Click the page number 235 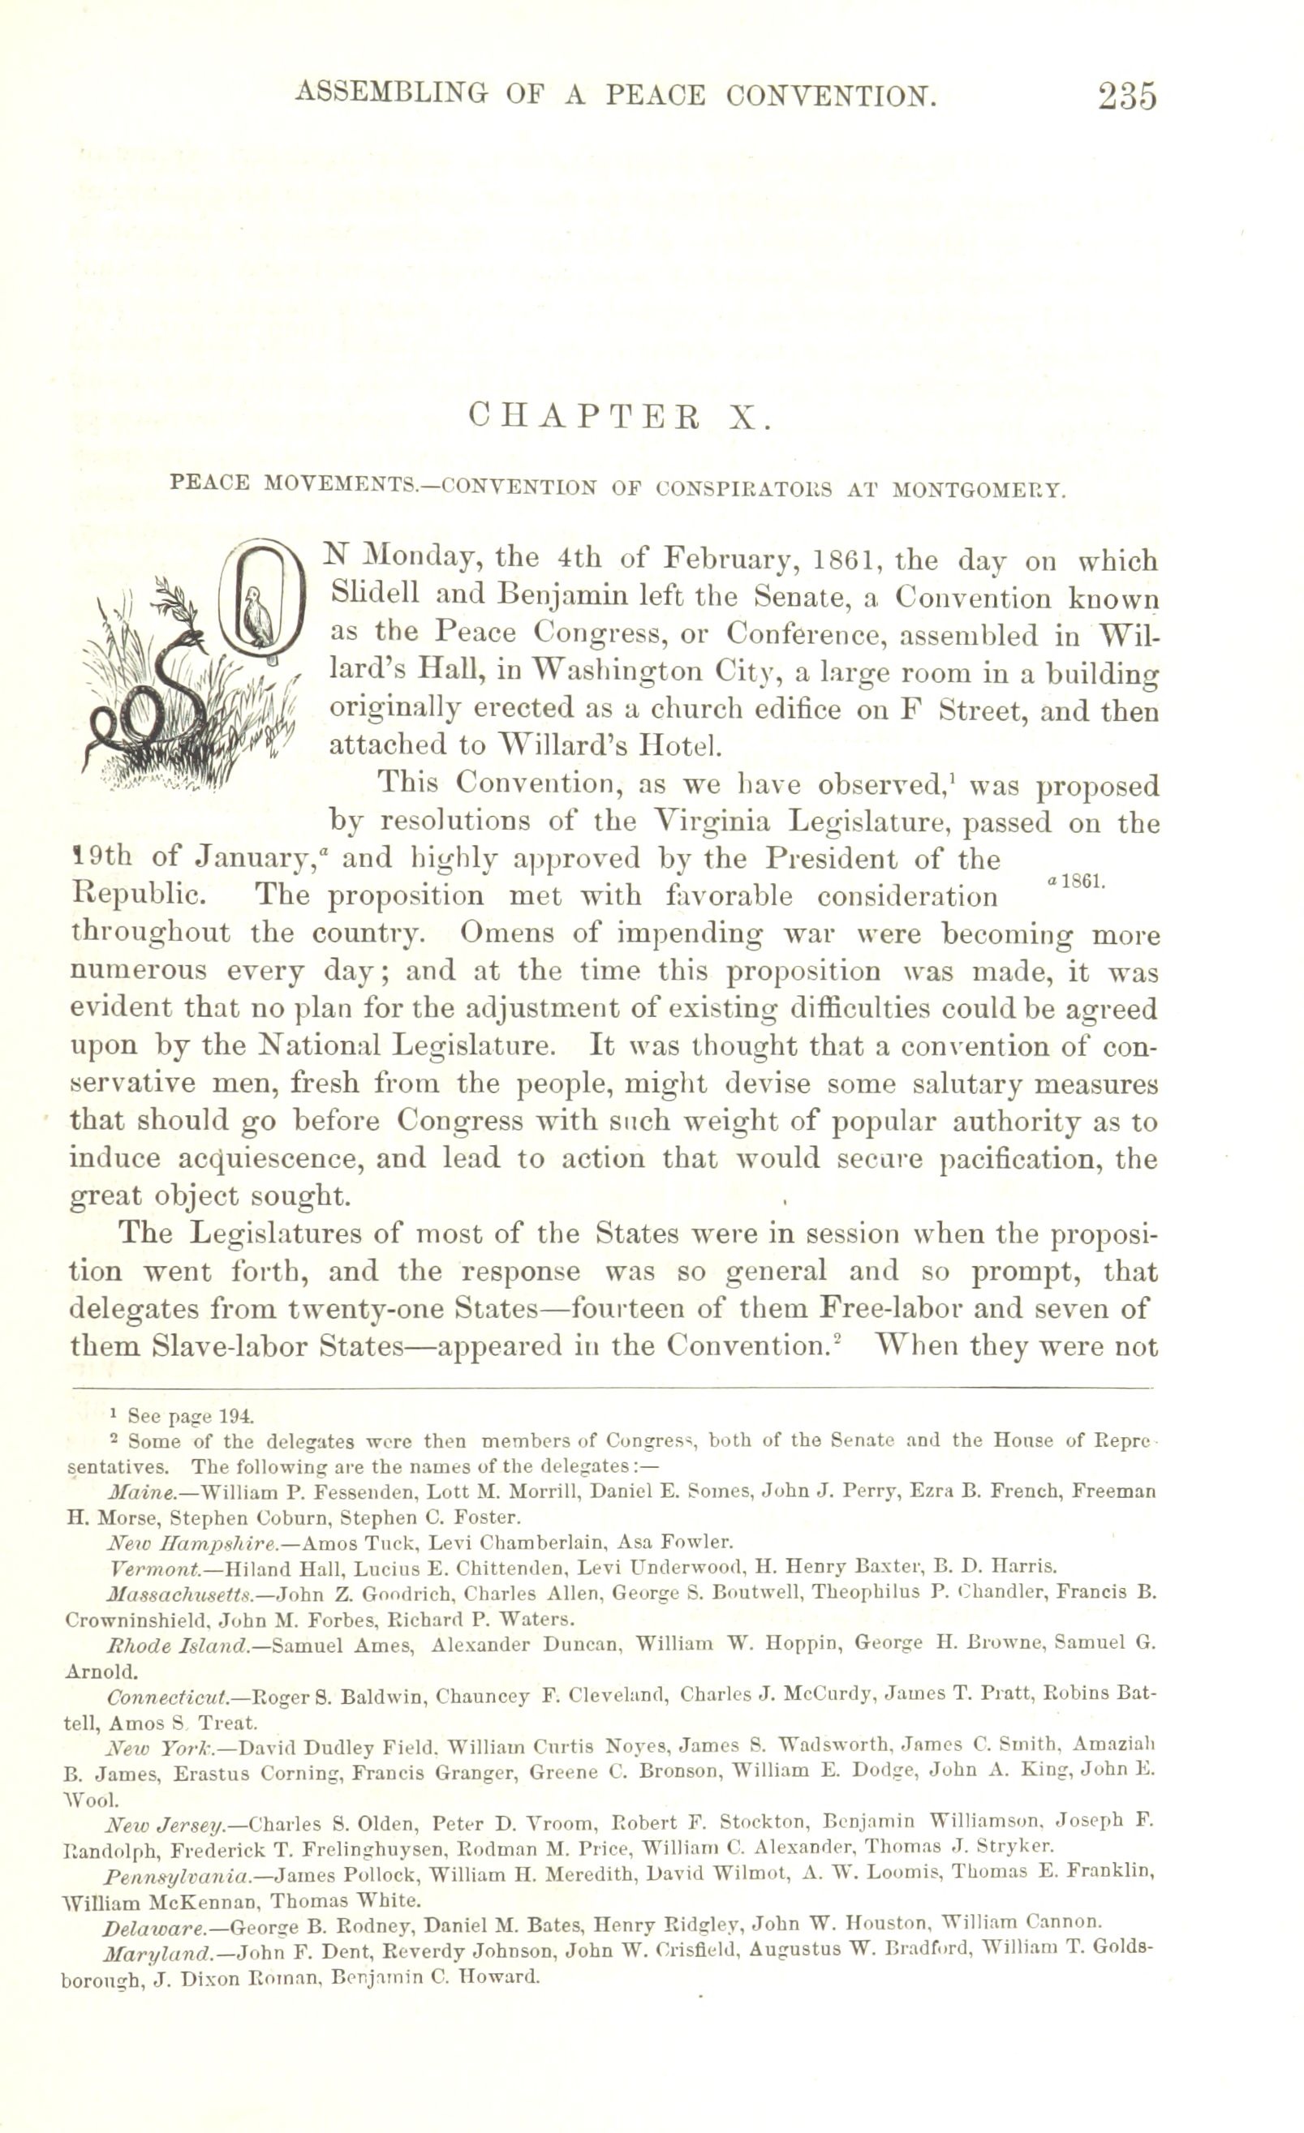click(1126, 96)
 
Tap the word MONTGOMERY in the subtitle click(977, 489)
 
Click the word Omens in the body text click(503, 934)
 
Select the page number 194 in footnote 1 click(236, 1416)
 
